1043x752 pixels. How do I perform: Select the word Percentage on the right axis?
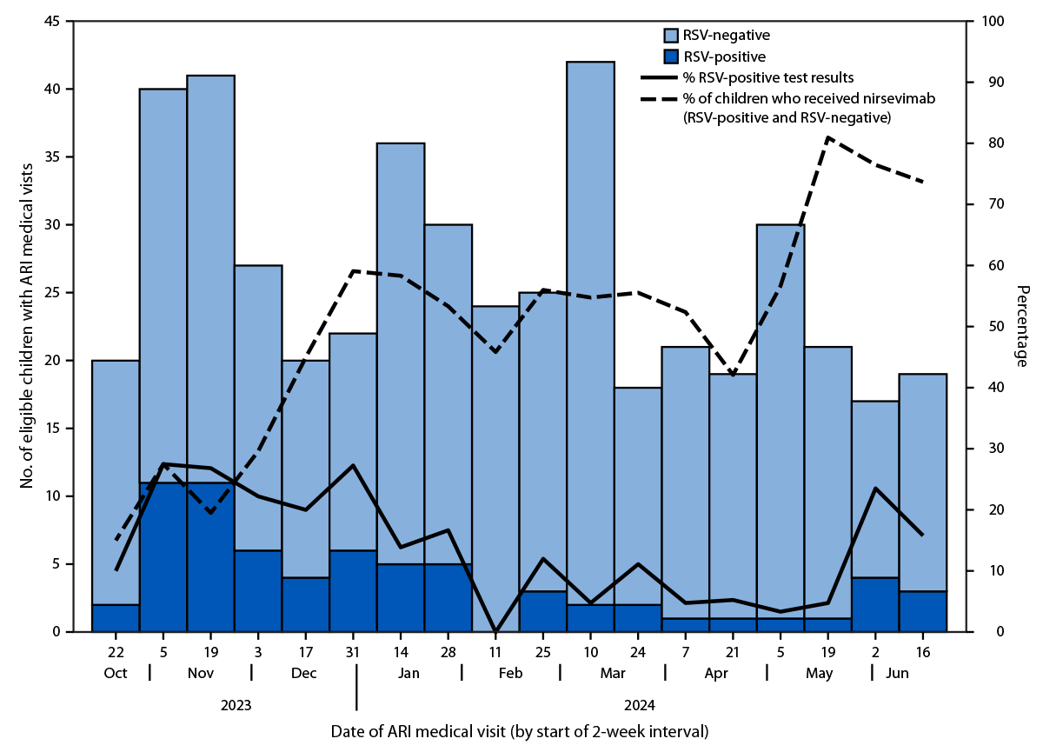tap(1022, 326)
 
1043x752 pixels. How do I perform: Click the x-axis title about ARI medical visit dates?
tap(519, 732)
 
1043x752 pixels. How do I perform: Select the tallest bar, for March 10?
tap(590, 330)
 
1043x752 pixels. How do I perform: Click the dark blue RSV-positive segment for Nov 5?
tap(163, 556)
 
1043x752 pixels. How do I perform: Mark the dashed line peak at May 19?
tap(827, 137)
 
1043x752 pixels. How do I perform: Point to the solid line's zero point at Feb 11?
tap(495, 630)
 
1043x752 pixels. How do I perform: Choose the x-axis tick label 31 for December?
tap(353, 650)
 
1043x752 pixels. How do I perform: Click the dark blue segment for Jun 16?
tap(922, 611)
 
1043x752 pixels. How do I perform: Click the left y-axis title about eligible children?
tap(27, 326)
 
